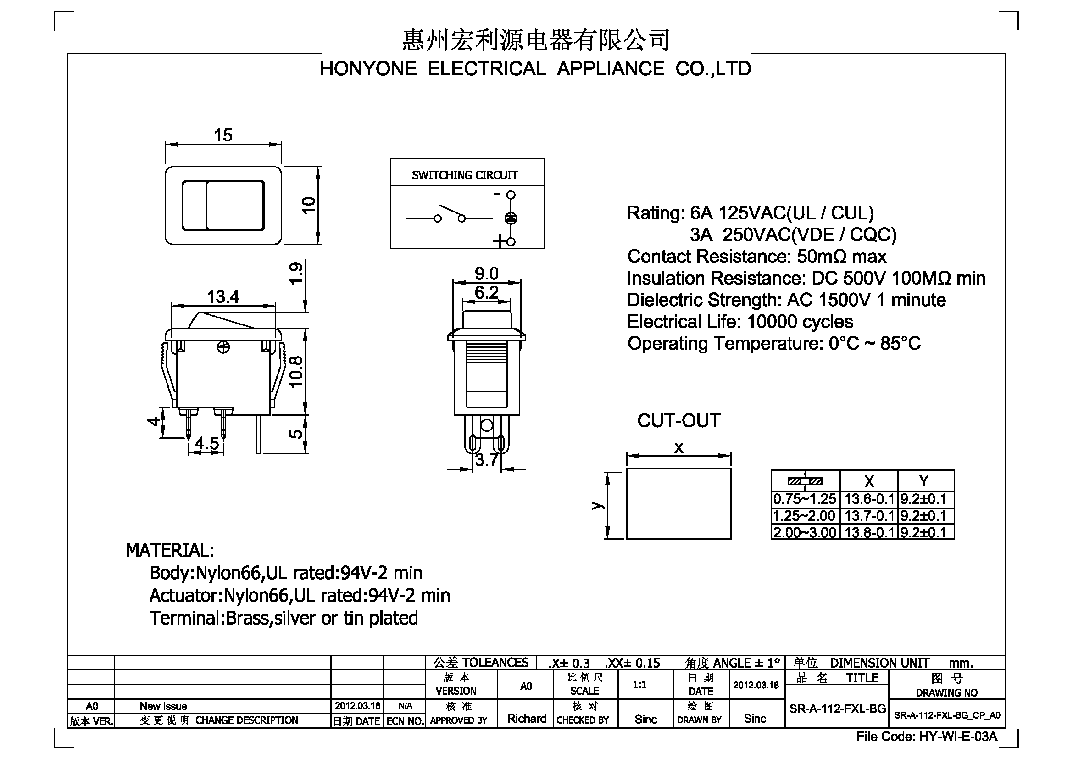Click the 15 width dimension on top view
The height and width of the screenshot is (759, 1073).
click(223, 135)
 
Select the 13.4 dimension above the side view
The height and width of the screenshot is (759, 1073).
click(222, 297)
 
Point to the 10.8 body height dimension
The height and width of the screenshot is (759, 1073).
click(296, 372)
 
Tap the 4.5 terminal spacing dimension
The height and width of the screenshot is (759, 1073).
click(206, 443)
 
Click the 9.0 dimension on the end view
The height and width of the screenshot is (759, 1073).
click(486, 273)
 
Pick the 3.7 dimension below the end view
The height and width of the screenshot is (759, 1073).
click(486, 460)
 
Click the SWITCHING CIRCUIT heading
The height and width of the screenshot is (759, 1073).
click(465, 175)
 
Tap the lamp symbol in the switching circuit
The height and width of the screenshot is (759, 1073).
click(511, 218)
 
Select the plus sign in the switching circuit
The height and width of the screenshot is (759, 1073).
click(499, 242)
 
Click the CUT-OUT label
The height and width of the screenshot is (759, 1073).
click(678, 421)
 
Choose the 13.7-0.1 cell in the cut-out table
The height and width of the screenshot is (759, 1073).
click(869, 515)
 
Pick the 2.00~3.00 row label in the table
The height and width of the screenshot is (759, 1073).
click(805, 532)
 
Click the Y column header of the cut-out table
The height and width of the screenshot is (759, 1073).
click(924, 481)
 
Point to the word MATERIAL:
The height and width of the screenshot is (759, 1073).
click(170, 550)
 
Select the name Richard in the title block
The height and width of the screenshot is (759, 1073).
click(527, 718)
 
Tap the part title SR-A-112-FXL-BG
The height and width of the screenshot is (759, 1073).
click(838, 709)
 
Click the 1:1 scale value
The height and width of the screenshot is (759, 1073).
click(639, 685)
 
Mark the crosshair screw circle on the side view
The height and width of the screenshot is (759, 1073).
click(224, 347)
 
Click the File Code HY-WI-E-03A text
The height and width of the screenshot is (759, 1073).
click(927, 737)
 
